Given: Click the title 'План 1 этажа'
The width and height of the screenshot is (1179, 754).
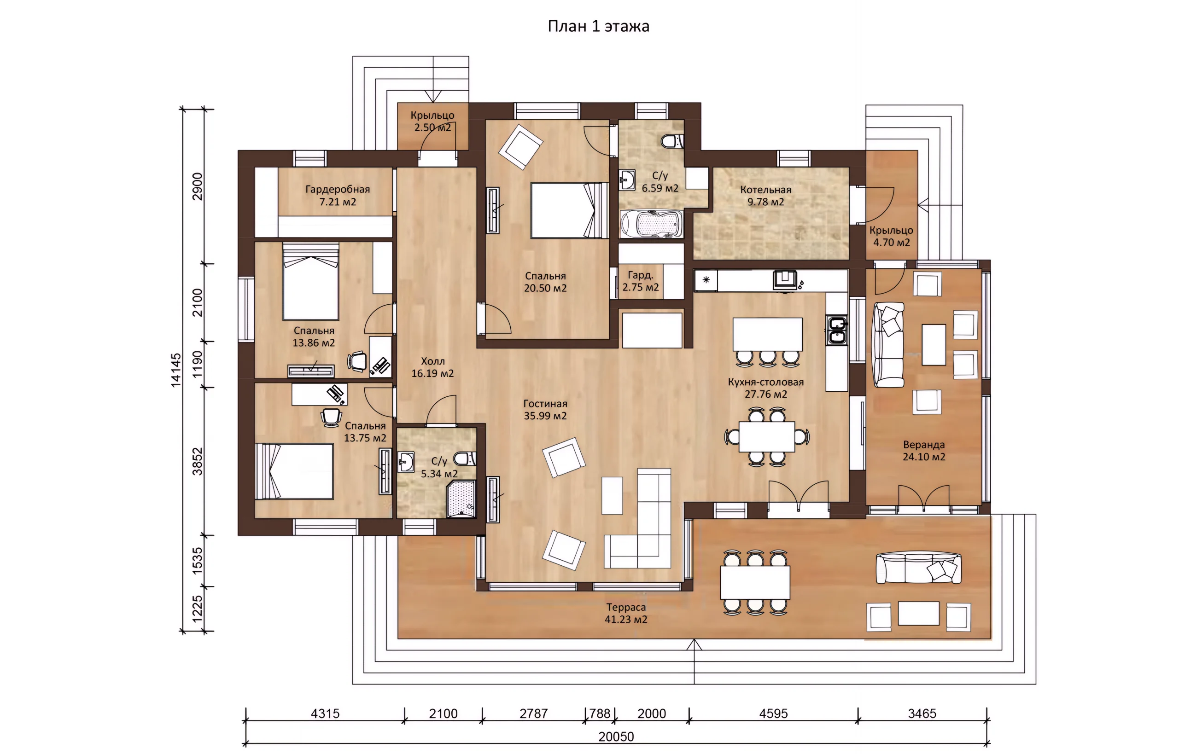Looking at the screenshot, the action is pos(598,26).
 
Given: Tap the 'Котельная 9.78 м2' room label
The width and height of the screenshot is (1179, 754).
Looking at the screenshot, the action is pos(765,195).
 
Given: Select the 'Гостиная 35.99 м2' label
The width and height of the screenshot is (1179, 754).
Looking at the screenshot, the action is pos(545,409).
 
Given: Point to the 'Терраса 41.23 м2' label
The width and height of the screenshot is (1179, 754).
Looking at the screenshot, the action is pos(626,613).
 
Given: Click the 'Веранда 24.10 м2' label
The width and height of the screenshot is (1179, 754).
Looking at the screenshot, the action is pos(924,451).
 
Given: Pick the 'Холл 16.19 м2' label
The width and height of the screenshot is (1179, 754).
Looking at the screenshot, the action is pos(432,367).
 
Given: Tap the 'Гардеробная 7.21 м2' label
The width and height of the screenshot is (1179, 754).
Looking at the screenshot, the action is pos(338,195).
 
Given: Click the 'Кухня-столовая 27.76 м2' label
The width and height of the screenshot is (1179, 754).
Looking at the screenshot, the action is pos(765,388).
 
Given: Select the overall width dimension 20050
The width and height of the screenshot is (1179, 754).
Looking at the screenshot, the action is pos(616,737).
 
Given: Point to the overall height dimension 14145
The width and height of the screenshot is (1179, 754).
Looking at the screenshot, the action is pos(175,370).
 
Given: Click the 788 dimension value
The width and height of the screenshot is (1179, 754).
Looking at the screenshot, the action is pos(600,713).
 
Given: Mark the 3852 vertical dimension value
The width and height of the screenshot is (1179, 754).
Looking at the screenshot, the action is pos(197,461).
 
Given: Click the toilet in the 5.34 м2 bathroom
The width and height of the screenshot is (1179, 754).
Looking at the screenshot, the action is pos(465,459).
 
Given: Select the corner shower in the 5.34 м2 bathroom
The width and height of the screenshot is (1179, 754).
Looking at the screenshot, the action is pos(461,499).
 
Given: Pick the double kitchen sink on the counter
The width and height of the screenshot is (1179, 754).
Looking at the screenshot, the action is pos(837,330).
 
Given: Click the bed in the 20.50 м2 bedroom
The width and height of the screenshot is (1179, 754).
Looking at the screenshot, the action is pos(570,210).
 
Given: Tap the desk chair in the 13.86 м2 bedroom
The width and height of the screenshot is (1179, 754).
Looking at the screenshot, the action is pos(357,361).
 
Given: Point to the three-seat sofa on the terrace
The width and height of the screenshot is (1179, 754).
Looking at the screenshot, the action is pos(918,568).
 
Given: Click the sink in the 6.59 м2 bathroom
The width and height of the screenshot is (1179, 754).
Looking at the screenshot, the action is pos(627,180).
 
